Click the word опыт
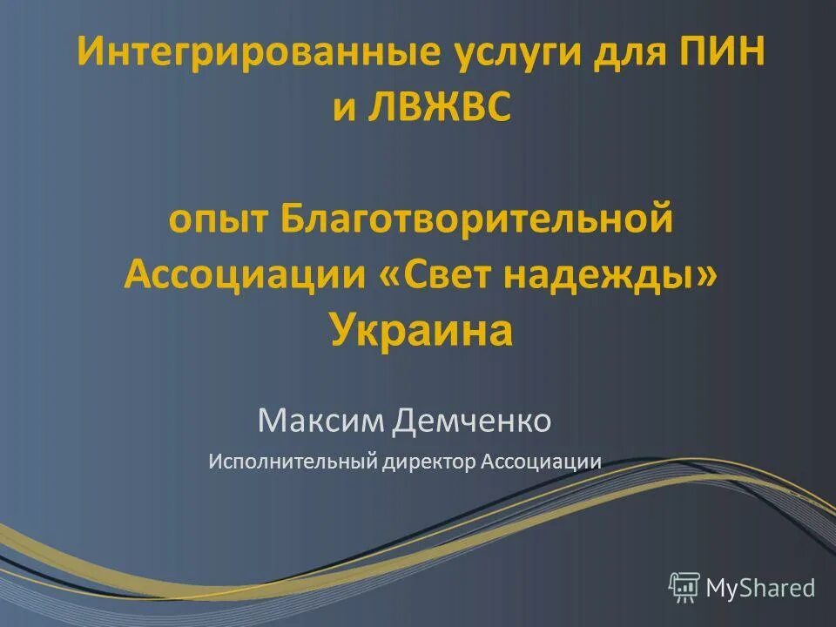click(x=218, y=219)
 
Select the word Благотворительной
click(x=476, y=218)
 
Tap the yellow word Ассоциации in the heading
click(x=245, y=274)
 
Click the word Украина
click(x=421, y=330)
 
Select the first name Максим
click(x=321, y=421)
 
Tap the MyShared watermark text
click(x=760, y=588)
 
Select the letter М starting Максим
click(x=268, y=421)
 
